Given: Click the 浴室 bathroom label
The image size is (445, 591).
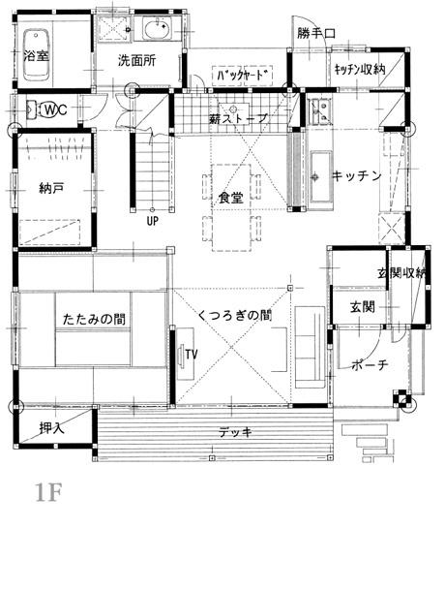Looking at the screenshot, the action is tap(36, 56).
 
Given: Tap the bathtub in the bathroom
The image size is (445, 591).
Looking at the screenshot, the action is tap(36, 54).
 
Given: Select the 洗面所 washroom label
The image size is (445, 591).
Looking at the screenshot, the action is tap(137, 60).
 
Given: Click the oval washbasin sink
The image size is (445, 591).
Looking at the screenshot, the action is tap(157, 29).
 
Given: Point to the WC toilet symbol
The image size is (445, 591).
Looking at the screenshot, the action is tap(51, 109).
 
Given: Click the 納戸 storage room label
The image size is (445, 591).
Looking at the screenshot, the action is tap(51, 188).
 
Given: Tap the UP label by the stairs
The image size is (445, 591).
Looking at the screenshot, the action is tap(153, 221).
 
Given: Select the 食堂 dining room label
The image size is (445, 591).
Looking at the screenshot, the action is tap(231, 198).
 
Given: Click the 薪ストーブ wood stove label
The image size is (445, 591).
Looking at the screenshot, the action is tap(238, 119).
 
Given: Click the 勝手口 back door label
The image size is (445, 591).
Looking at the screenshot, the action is tap(315, 33).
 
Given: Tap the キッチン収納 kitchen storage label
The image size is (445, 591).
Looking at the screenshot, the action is tap(360, 70).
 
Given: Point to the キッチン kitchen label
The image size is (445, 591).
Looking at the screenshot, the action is tap(357, 175).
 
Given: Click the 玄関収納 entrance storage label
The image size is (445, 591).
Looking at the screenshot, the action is tap(401, 273).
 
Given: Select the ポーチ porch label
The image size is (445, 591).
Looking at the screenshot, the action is tap(370, 364).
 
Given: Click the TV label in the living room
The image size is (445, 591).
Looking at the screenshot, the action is tap(192, 355).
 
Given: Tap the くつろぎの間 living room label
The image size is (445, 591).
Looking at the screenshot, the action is tap(234, 315).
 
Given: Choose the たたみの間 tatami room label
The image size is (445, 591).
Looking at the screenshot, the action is tap(94, 320).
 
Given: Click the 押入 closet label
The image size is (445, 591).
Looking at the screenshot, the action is tap(52, 428).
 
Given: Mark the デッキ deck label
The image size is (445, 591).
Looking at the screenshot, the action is tap(235, 432).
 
